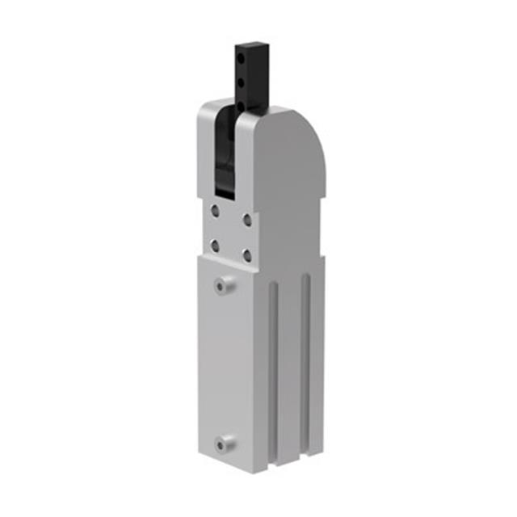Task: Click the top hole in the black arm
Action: [x=241, y=57]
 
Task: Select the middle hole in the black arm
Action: [x=241, y=82]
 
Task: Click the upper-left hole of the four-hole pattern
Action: [x=215, y=211]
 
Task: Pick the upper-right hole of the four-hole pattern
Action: [x=246, y=220]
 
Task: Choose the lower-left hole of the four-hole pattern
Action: [x=215, y=245]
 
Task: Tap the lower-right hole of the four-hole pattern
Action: [x=246, y=255]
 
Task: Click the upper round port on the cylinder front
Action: [x=223, y=285]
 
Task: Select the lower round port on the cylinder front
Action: [x=223, y=443]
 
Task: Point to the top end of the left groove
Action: [x=274, y=286]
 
